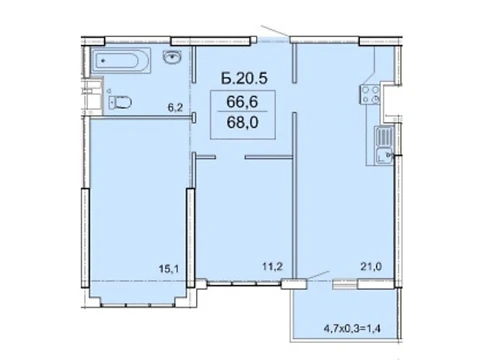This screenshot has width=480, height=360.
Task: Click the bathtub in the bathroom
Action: pos(121,61)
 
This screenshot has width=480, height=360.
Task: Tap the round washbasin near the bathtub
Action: pos(172,56)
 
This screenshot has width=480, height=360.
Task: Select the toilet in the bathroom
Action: pos(120,102)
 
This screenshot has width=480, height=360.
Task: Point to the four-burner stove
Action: pos(370,94)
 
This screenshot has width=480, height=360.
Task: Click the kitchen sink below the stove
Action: pos(384,145)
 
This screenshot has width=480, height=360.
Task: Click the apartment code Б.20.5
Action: pos(244,79)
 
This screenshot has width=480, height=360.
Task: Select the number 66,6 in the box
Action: pos(242,102)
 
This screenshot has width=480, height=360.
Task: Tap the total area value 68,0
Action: pos(242,123)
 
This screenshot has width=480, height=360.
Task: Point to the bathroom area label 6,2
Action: pos(175,108)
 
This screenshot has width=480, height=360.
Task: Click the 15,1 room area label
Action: pos(169,269)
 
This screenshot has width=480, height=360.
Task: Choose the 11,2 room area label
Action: pos(272,266)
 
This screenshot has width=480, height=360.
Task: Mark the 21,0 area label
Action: pos(371,266)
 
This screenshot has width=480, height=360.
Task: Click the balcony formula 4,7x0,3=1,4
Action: pos(352,329)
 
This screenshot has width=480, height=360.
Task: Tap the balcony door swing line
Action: pos(318,275)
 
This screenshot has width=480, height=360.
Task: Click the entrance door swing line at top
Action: pos(275,31)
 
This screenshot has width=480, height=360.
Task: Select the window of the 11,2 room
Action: pos(244,284)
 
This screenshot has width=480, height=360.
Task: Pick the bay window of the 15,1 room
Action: pos(138,304)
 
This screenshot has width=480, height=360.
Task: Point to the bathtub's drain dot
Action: pos(103,61)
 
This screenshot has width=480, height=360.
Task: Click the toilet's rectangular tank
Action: pos(112,102)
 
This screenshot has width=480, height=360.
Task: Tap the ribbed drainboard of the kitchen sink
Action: pos(384,136)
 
